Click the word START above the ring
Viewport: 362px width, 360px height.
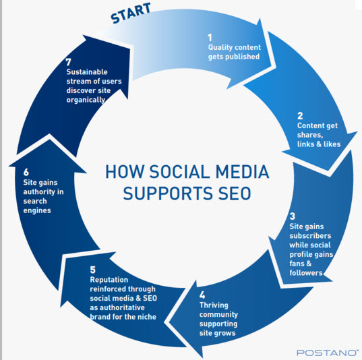click(x=131, y=13)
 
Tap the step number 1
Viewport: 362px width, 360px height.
click(x=210, y=37)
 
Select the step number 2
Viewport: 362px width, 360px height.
click(x=300, y=116)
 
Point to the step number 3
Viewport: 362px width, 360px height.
click(x=293, y=216)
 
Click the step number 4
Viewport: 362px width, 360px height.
click(x=202, y=295)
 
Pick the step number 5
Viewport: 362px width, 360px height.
click(x=92, y=270)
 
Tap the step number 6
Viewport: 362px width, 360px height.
click(x=26, y=173)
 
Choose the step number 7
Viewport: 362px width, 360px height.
click(x=68, y=62)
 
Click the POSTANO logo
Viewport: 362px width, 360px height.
click(x=328, y=353)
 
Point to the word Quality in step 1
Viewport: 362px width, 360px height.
click(x=220, y=48)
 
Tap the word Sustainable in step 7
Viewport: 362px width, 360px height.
click(x=87, y=72)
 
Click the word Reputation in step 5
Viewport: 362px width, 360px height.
click(x=109, y=280)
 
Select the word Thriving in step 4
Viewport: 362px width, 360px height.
click(x=214, y=305)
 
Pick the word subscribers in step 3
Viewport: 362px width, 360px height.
click(x=310, y=236)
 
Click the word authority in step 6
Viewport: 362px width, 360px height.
click(x=39, y=192)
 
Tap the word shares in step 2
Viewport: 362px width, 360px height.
click(x=310, y=135)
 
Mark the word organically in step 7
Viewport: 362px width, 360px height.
click(x=86, y=100)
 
